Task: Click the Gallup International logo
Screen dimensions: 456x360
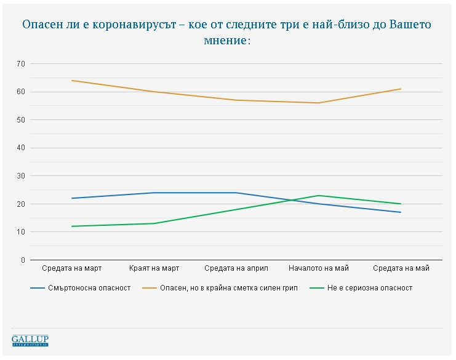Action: pos(30,340)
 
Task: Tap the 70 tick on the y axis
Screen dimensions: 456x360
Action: pos(21,63)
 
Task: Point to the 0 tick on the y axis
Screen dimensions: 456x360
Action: pos(23,260)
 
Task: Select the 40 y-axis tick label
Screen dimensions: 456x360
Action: pos(21,148)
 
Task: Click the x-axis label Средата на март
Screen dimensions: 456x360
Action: pos(72,268)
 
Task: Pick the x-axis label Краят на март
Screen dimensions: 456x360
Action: pos(154,268)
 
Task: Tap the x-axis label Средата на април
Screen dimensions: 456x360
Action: pos(236,268)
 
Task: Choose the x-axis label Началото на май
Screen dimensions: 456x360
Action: pos(319,268)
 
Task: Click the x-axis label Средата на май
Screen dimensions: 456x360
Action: pos(401,268)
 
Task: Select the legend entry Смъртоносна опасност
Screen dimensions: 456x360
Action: pos(81,288)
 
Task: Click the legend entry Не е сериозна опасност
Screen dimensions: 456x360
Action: pos(361,288)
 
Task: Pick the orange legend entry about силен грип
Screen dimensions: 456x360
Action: pos(220,288)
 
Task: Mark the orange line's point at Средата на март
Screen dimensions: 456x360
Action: pos(72,80)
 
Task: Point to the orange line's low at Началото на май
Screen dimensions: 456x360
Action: pos(319,103)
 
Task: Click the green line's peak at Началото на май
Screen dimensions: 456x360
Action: pos(319,196)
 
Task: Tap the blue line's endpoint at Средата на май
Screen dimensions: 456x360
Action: pos(401,212)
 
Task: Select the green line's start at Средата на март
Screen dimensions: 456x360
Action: pos(72,226)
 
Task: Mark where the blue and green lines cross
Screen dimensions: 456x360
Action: pos(291,200)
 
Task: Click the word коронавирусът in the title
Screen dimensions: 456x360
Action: pos(135,25)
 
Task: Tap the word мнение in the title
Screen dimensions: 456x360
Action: pos(225,40)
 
